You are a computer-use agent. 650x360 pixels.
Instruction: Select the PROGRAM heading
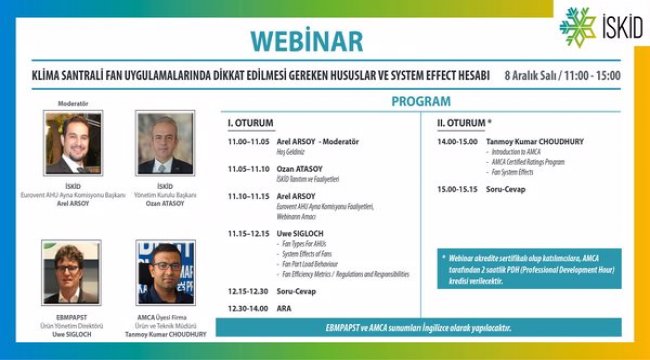tap(420, 102)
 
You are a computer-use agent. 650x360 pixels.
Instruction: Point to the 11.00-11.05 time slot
tap(246, 143)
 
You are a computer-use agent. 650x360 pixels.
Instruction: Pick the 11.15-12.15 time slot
tap(246, 232)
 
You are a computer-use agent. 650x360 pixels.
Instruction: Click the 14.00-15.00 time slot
tap(456, 142)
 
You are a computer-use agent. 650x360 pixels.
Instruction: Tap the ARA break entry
tap(283, 309)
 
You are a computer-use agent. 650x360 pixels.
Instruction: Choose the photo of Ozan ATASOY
tap(164, 142)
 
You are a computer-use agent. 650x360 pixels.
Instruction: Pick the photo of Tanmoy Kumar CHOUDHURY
tap(165, 272)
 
